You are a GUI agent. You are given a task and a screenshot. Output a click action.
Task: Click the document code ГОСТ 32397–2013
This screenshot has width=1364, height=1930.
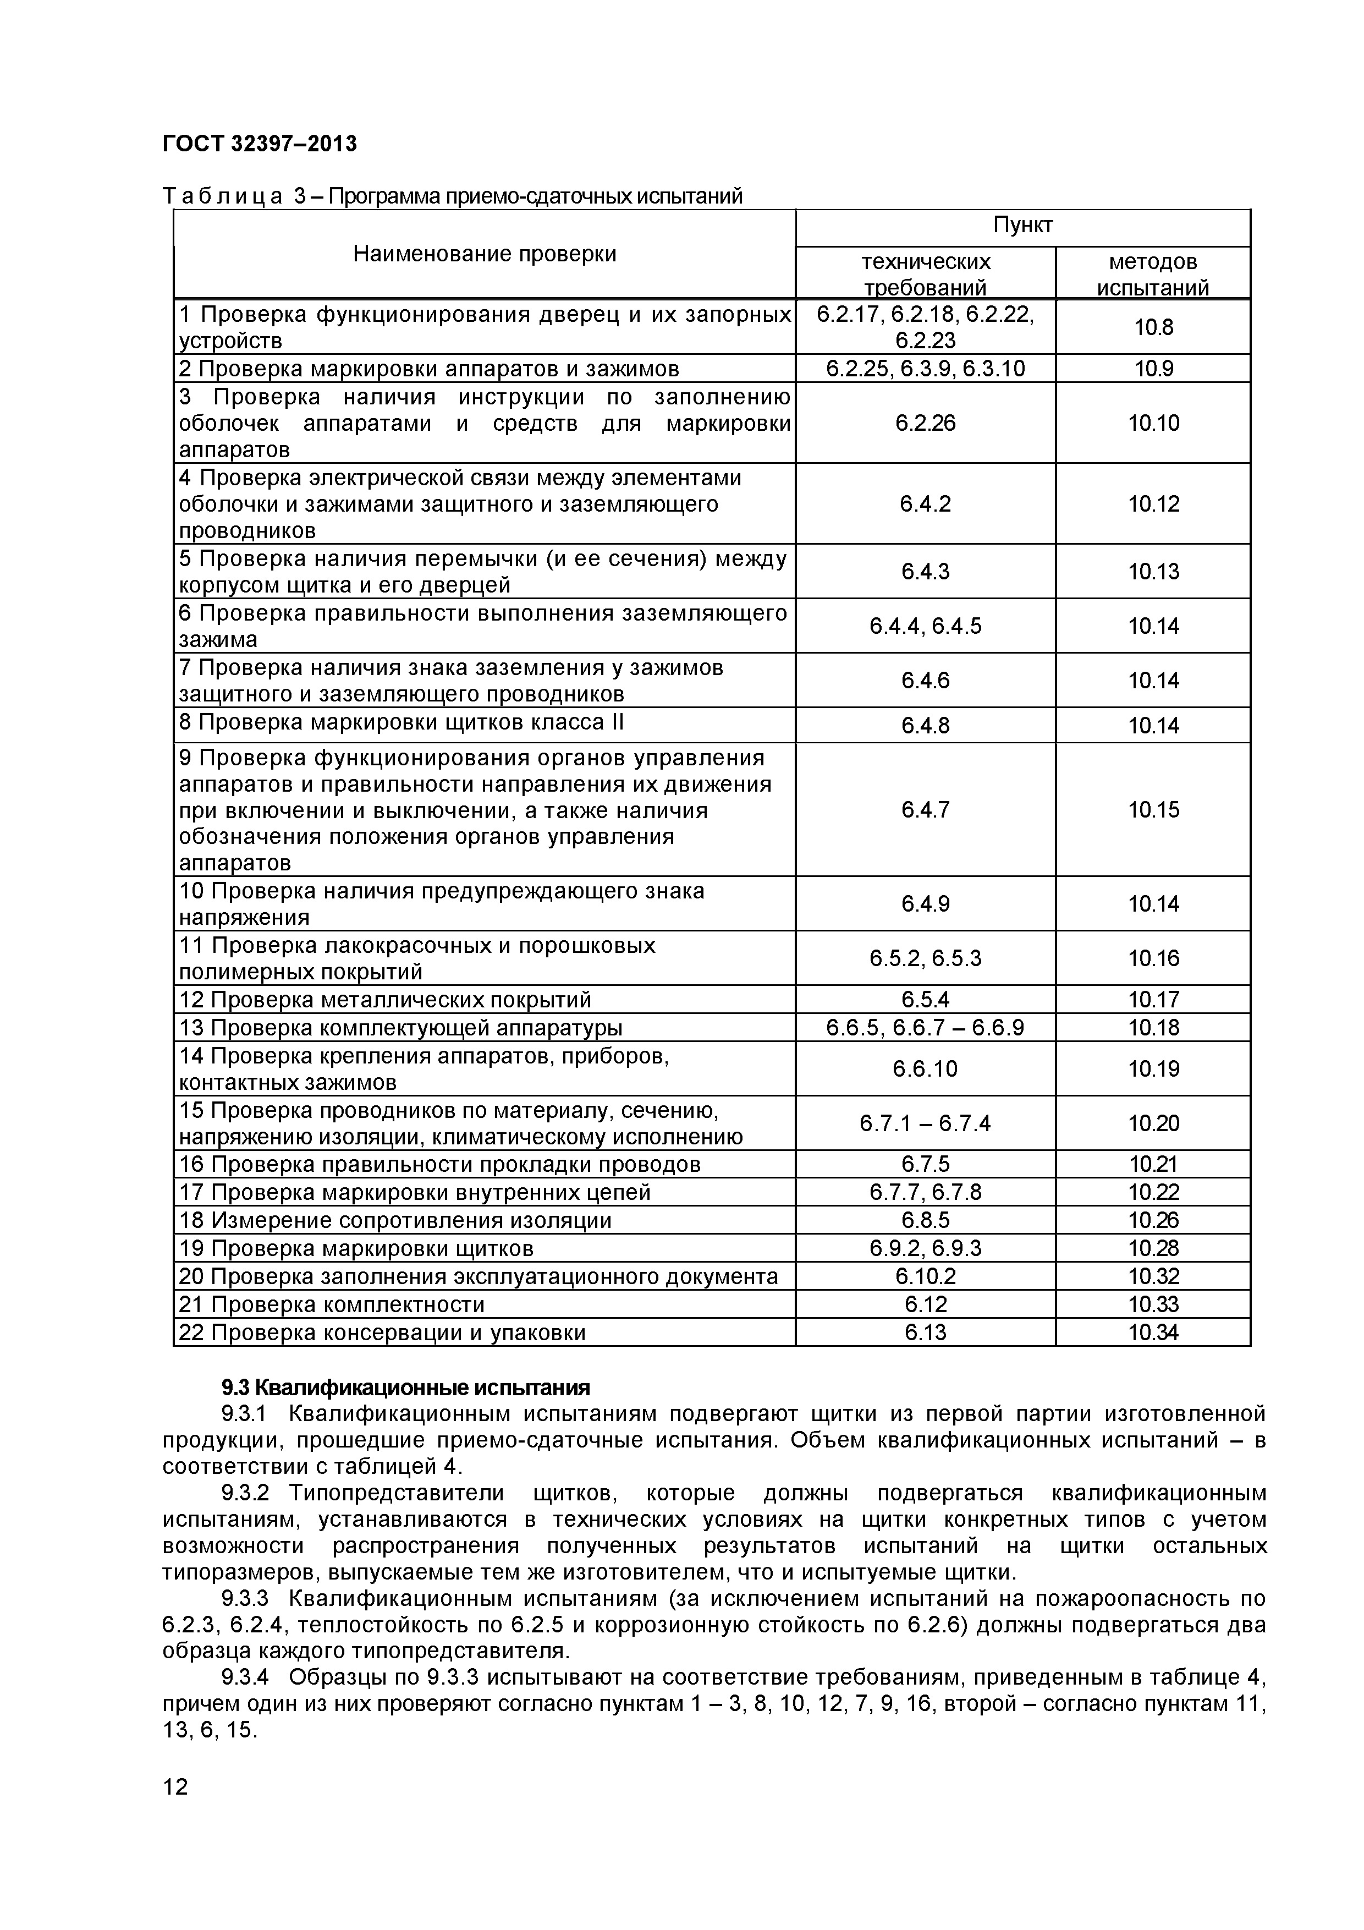[260, 145]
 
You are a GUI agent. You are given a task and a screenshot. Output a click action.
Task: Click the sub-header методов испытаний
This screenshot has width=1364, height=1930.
[1153, 274]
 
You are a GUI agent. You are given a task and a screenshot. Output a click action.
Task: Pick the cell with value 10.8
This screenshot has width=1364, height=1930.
[1153, 327]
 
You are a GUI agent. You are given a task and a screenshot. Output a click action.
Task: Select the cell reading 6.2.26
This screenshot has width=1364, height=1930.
[925, 423]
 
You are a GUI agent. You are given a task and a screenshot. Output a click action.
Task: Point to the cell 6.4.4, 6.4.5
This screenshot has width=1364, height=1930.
[925, 626]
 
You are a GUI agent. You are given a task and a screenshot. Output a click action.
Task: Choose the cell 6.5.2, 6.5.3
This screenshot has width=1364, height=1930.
[925, 958]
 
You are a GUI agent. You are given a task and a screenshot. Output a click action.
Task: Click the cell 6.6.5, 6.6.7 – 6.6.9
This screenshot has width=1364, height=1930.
[925, 1027]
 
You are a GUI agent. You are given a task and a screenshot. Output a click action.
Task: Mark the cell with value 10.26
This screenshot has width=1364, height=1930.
[1153, 1220]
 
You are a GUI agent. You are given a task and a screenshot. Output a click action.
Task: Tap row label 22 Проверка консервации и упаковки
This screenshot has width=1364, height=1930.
[382, 1333]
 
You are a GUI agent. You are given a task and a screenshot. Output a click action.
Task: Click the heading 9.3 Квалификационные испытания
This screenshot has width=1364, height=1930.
[405, 1387]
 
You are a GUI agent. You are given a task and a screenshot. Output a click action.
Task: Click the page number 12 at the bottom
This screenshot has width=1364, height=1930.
[175, 1786]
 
